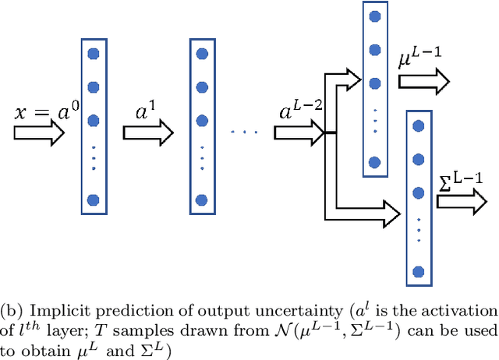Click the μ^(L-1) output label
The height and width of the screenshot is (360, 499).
pos(419,59)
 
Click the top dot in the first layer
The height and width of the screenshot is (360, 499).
pos(94,55)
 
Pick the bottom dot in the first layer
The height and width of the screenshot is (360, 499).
pos(94,199)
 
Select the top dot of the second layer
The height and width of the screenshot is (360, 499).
pos(202,55)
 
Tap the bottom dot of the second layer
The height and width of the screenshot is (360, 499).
pos(202,199)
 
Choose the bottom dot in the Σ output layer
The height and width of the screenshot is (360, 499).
pos(419,271)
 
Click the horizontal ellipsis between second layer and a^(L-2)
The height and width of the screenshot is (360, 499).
pos(245,132)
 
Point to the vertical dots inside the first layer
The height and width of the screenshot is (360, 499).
pos(94,159)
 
